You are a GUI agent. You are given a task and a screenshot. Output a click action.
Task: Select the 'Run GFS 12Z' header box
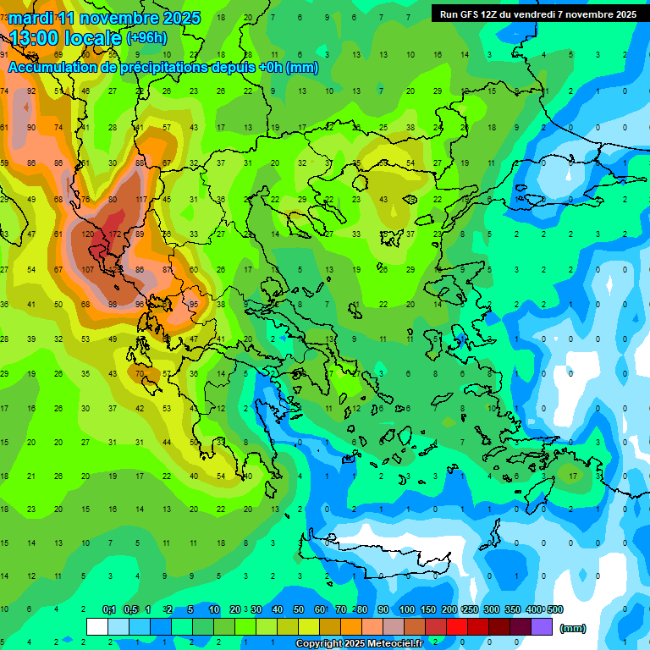point(537,14)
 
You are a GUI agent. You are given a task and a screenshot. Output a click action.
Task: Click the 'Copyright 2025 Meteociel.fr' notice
point(359,644)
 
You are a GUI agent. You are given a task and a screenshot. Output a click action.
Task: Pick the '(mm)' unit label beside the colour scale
point(572,628)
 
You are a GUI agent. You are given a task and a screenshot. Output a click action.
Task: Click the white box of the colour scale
point(97,626)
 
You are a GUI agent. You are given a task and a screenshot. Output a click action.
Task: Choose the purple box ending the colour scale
point(542,626)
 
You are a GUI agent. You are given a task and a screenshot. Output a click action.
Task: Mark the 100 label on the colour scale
point(407,609)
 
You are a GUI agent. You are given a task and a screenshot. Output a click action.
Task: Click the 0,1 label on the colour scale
point(109,609)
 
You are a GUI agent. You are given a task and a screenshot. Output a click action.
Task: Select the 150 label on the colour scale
point(428,609)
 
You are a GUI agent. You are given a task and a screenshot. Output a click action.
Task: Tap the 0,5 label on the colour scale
point(130,609)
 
